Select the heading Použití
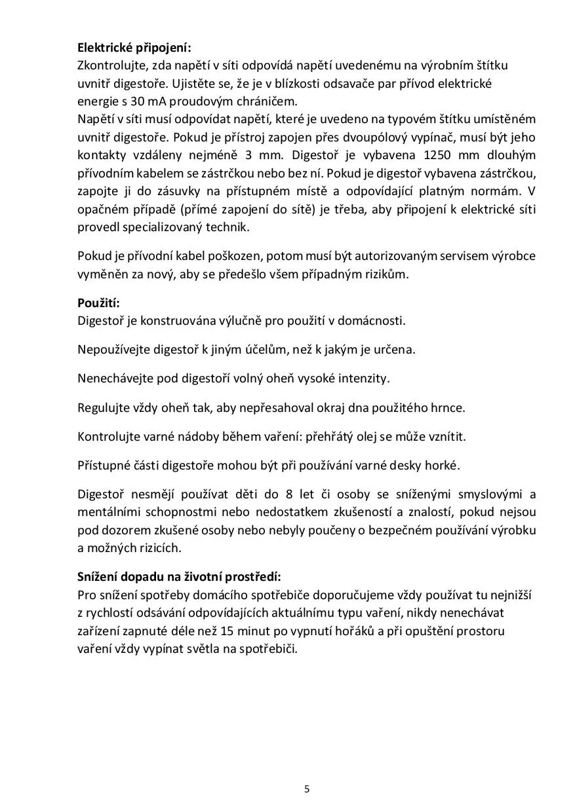tap(98, 303)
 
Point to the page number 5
tap(307, 789)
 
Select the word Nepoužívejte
tap(113, 350)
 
